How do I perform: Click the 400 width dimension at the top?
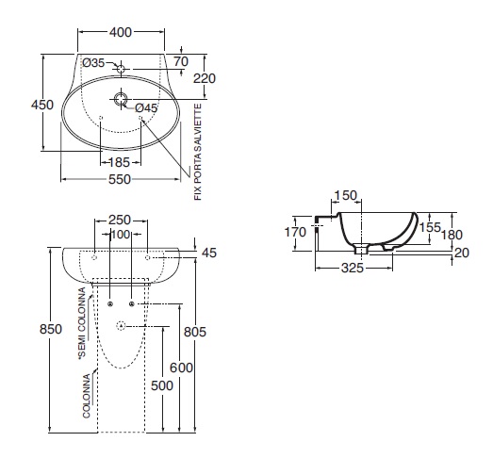pos(121,32)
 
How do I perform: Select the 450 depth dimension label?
pos(42,105)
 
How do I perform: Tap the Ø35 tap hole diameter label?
pos(93,63)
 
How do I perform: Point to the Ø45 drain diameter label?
pos(146,108)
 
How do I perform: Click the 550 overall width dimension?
pos(120,179)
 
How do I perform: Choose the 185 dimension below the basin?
pos(119,162)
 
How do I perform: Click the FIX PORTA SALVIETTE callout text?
pos(198,152)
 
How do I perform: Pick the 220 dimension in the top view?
pos(205,78)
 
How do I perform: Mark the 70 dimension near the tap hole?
pos(181,61)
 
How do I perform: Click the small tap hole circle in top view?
pos(121,69)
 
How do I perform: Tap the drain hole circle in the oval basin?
pos(120,99)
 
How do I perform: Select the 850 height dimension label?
pos(51,329)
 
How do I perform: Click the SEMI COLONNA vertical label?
pos(82,323)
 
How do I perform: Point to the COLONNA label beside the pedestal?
pos(87,396)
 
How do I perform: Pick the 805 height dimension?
pos(195,332)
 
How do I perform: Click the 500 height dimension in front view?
pos(162,385)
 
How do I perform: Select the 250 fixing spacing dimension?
pos(120,220)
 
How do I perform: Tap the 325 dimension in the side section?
pos(353,268)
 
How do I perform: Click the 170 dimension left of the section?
pos(295,233)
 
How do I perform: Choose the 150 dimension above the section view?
pos(345,195)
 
